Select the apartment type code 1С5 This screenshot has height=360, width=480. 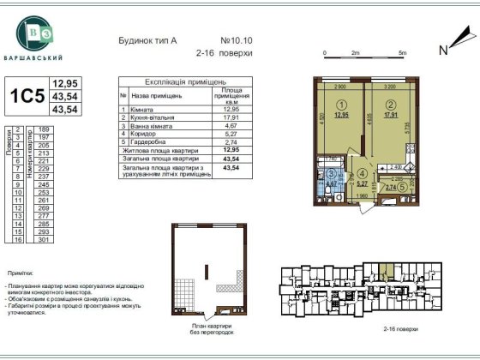pos(27,97)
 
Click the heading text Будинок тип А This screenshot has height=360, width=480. pos(148,40)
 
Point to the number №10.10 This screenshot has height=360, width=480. pos(235,40)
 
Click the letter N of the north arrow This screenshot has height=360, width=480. pos(443,50)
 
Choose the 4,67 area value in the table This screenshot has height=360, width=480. pos(229,125)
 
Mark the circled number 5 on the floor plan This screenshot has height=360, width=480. pos(403,186)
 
